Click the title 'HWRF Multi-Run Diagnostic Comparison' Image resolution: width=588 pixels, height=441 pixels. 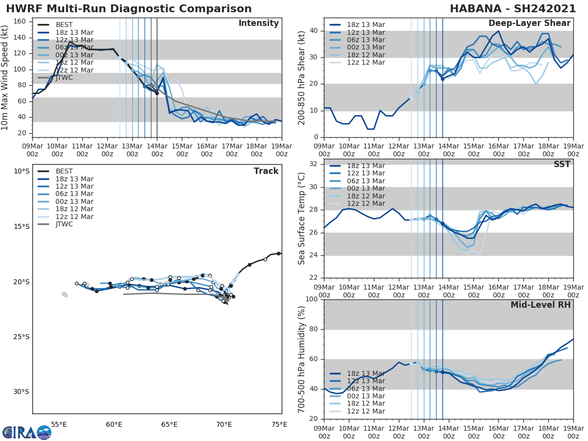(x=129, y=9)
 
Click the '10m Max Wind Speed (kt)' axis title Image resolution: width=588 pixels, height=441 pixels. (x=6, y=74)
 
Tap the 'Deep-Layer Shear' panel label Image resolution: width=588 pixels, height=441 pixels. (x=529, y=24)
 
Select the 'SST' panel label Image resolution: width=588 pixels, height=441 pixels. (x=562, y=164)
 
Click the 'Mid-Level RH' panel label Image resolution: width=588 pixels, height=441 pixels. (x=540, y=305)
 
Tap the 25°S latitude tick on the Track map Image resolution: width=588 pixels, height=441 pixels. (x=21, y=337)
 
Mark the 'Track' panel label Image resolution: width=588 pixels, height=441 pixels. (x=266, y=171)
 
